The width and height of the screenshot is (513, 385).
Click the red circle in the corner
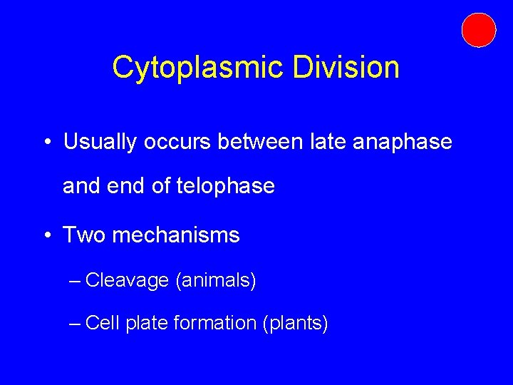click(x=478, y=30)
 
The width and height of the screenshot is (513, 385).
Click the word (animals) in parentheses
click(x=215, y=281)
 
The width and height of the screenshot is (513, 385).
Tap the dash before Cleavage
click(x=76, y=281)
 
